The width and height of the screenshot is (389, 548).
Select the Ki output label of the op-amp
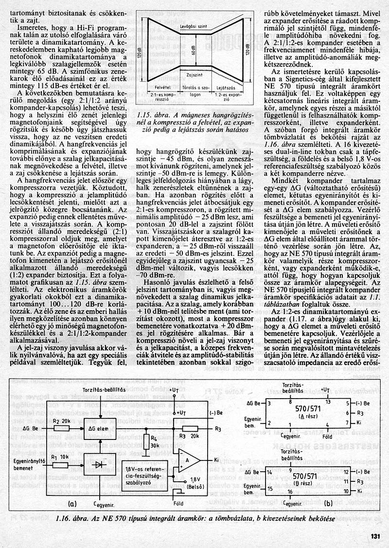tap(216, 459)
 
